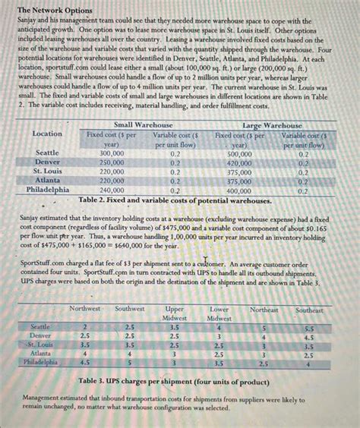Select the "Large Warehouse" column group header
(x=271, y=124)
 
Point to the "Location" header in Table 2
(x=48, y=134)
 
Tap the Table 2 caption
(x=175, y=200)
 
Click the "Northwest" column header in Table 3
(x=84, y=309)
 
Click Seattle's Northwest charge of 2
(x=84, y=326)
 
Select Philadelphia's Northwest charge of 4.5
(x=84, y=363)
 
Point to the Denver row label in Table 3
(x=39, y=335)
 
